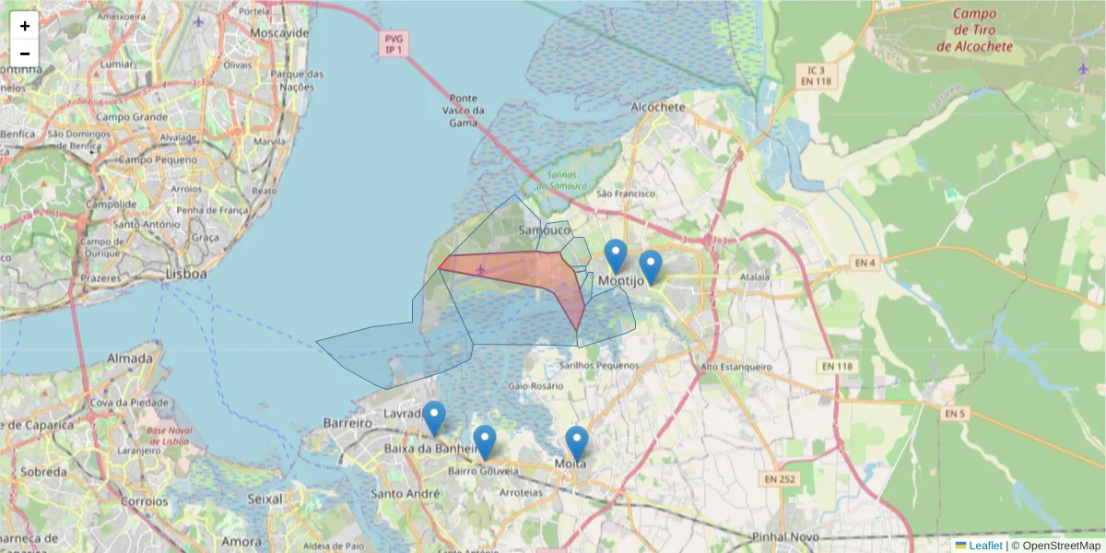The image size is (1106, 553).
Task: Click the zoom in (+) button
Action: point(25,26)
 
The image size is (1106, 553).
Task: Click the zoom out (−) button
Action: point(25,53)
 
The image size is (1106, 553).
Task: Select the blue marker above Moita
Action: point(577,443)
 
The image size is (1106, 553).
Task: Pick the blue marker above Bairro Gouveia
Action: point(484,442)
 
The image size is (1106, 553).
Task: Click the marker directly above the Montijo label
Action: point(615,255)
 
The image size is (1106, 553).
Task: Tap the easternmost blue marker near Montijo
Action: point(651,267)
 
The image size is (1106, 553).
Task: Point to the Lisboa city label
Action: point(185,275)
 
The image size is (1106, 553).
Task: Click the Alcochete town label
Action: point(658,107)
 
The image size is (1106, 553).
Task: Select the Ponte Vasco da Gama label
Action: point(464,110)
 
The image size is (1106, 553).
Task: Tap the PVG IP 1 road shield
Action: point(394,44)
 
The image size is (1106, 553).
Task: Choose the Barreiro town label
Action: point(347,423)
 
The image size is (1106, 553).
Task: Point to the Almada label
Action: point(130,358)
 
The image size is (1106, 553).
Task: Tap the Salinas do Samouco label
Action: point(554,181)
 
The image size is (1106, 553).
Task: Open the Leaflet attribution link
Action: point(985,546)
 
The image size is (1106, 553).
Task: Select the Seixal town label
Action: point(265,499)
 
